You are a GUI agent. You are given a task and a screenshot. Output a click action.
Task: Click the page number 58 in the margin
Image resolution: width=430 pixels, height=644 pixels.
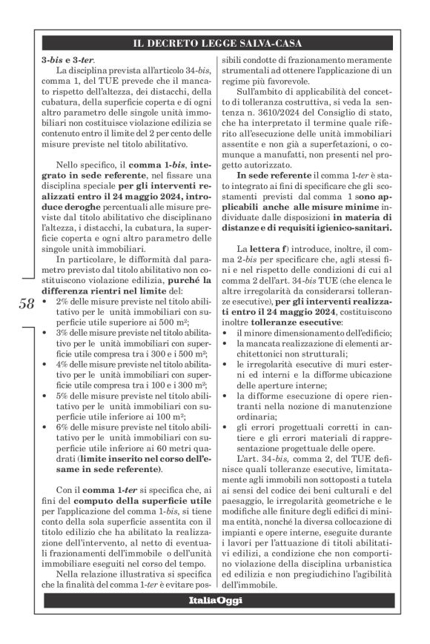click(x=25, y=305)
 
